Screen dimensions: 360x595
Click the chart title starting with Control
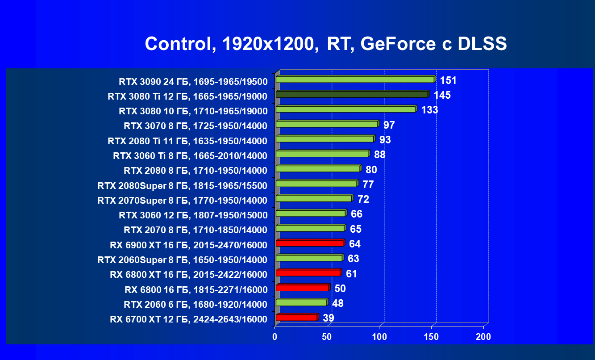tap(326, 44)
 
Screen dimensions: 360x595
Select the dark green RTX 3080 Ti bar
tap(352, 95)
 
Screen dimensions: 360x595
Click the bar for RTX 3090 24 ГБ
tap(355, 80)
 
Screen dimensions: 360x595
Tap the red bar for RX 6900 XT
tap(309, 243)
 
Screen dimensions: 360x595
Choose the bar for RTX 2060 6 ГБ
tap(301, 303)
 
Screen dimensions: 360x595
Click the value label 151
tap(448, 80)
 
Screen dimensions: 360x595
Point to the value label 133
tap(429, 110)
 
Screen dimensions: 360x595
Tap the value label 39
tap(328, 318)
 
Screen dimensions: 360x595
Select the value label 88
tap(379, 155)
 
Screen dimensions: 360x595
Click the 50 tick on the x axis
tap(327, 337)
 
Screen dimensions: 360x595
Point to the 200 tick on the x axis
tap(483, 337)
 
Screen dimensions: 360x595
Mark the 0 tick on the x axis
tap(275, 337)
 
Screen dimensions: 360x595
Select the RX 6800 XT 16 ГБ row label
tap(188, 275)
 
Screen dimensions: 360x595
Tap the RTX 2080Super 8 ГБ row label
tap(182, 185)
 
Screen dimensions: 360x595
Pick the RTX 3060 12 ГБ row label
tap(193, 215)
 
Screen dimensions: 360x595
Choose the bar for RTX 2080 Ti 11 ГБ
tap(325, 139)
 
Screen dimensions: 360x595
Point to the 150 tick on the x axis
tap(432, 337)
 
